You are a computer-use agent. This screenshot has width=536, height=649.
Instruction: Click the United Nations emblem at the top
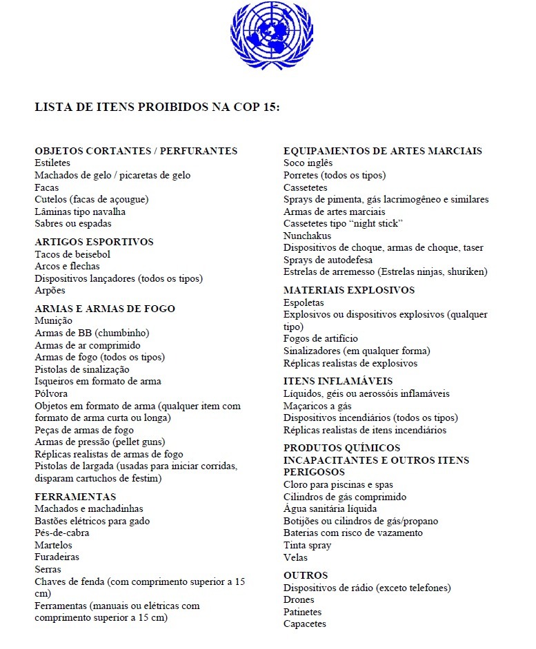point(270,34)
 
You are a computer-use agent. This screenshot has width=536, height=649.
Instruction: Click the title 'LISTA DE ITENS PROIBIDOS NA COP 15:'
point(157,108)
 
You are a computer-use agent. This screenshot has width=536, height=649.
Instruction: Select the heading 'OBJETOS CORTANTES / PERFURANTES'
point(136,151)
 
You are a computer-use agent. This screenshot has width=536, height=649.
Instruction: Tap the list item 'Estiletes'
point(52,163)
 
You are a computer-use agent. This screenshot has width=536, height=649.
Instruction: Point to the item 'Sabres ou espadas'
point(73,223)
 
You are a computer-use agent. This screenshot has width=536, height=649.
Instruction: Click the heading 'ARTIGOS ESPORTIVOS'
point(94,242)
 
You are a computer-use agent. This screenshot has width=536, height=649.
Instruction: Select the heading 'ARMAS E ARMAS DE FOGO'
point(105,309)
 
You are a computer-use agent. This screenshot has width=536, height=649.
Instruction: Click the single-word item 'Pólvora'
point(52,393)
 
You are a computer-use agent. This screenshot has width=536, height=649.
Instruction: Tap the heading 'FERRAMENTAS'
point(75,497)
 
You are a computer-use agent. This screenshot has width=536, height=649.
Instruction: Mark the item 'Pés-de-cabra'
point(62,533)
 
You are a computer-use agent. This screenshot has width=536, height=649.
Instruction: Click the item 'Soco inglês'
point(308,163)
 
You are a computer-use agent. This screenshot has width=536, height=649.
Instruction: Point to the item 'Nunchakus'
point(308,236)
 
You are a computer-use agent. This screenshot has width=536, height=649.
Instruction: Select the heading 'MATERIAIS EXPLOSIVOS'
point(349,290)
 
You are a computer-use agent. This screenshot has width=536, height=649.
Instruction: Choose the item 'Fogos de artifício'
point(321,338)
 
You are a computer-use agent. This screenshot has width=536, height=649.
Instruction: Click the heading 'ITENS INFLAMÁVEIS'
point(338,381)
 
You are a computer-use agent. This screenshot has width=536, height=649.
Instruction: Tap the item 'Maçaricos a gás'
point(318,406)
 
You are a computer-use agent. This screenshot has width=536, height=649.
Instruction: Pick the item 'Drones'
point(299,599)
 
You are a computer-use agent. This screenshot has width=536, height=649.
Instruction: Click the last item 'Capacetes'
point(305,624)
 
